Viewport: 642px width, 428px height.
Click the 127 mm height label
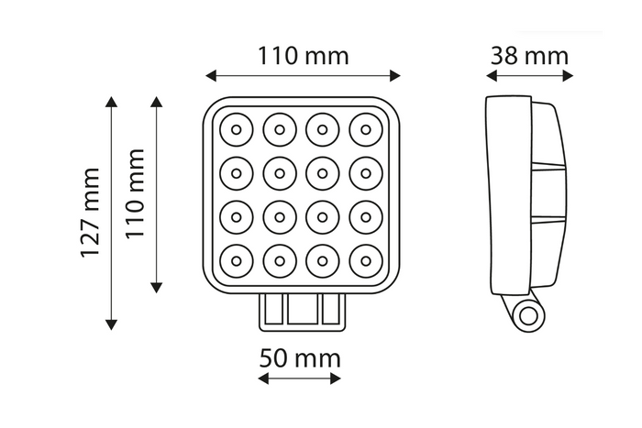pyautogui.click(x=90, y=212)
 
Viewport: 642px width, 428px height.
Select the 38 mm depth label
pyautogui.click(x=529, y=56)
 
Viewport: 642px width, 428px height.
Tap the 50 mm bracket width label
pyautogui.click(x=299, y=357)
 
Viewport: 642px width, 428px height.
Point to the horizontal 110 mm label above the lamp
pyautogui.click(x=303, y=56)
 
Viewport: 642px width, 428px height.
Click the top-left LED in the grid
pyautogui.click(x=236, y=129)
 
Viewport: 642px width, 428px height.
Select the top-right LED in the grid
pyautogui.click(x=365, y=129)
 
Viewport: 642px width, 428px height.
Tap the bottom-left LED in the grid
pyautogui.click(x=236, y=259)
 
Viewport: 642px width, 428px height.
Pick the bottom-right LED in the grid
pyautogui.click(x=365, y=259)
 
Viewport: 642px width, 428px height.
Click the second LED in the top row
pyautogui.click(x=279, y=129)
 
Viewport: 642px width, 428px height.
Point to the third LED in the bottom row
pyautogui.click(x=322, y=259)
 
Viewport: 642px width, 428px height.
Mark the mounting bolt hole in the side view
pyautogui.click(x=528, y=316)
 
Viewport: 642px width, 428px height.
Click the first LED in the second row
pyautogui.click(x=236, y=172)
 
